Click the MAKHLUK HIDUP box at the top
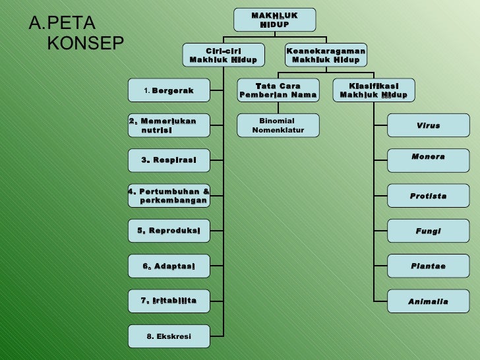[x=274, y=20]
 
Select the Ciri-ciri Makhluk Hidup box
[x=224, y=55]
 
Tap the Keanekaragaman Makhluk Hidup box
[x=326, y=55]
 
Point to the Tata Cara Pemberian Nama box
[x=278, y=90]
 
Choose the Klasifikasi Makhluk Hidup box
[x=374, y=90]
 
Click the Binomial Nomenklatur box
[x=278, y=125]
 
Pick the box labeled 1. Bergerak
[x=169, y=90]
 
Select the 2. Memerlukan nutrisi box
[x=169, y=125]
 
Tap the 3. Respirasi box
[x=169, y=160]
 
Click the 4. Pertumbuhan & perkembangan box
[x=169, y=195]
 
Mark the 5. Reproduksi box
[x=169, y=231]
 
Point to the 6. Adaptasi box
[x=169, y=266]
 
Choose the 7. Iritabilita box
[x=169, y=301]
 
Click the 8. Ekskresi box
[x=169, y=336]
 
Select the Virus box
[x=428, y=125]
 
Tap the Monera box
[x=428, y=160]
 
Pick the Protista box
[x=428, y=196]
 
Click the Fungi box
[x=428, y=231]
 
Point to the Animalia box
[x=428, y=301]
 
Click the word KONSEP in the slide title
[x=86, y=44]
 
